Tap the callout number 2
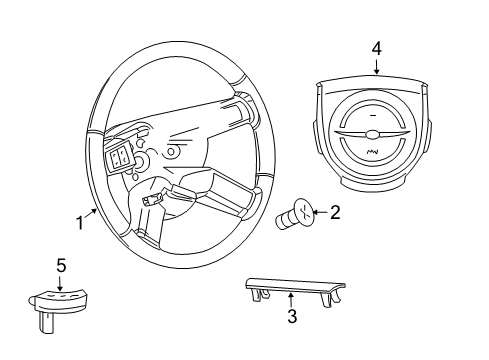(335, 211)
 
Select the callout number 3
(291, 317)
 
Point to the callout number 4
(376, 47)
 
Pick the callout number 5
(61, 265)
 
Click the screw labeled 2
(295, 217)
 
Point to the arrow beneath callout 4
(376, 65)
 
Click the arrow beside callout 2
(320, 212)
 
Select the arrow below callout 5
(61, 281)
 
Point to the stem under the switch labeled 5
(46, 322)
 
